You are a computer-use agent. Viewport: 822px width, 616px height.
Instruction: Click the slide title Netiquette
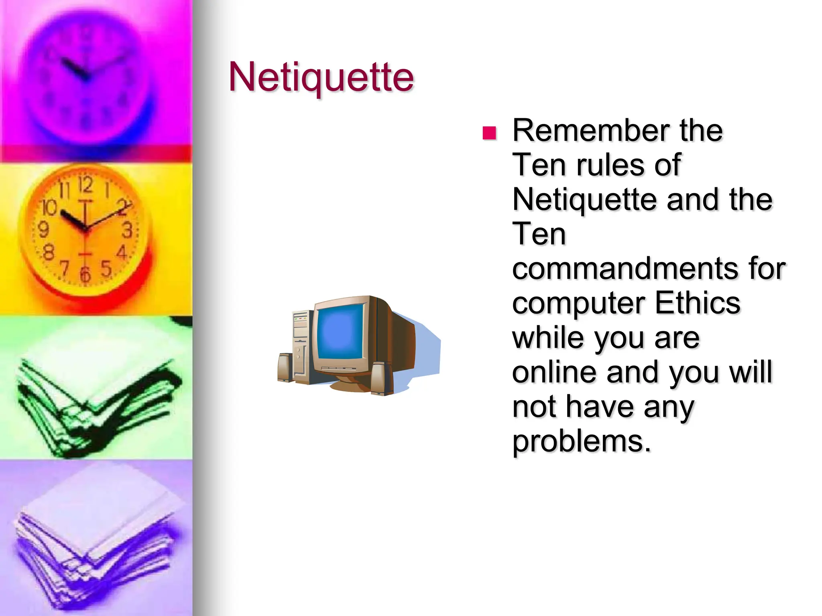[x=321, y=77]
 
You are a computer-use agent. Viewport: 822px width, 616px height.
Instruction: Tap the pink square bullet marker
[x=489, y=133]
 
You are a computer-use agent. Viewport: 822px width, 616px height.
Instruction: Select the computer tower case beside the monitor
[x=301, y=345]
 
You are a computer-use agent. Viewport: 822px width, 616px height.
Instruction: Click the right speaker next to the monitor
[x=382, y=379]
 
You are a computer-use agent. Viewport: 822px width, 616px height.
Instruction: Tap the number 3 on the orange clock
[x=128, y=230]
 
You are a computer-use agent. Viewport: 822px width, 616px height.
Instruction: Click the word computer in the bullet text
[x=578, y=303]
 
